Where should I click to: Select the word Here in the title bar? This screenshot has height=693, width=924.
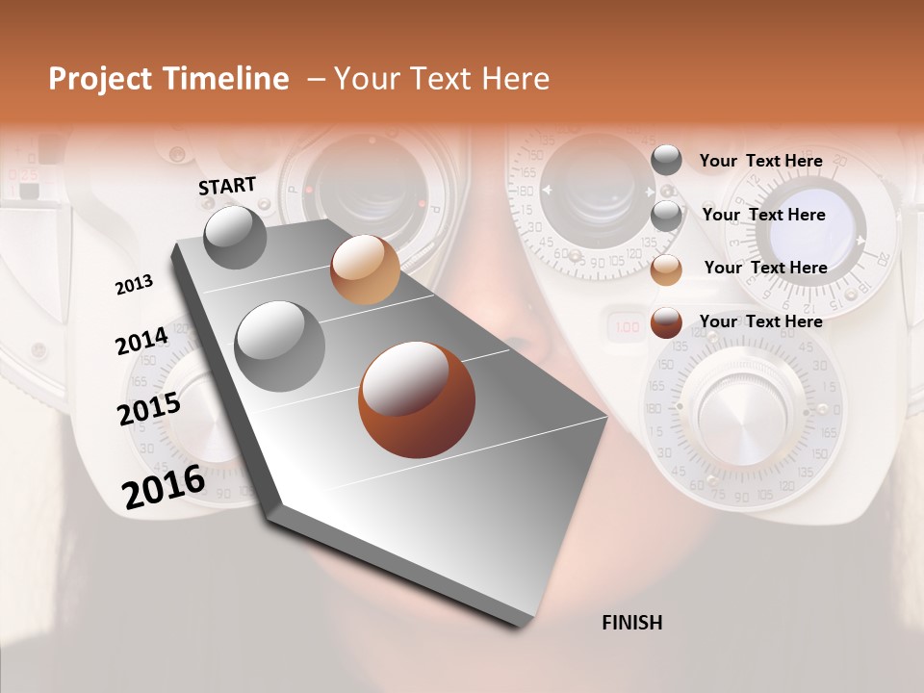(x=514, y=79)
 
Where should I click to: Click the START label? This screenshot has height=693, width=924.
(x=227, y=186)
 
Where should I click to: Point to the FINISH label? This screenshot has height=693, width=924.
(x=632, y=623)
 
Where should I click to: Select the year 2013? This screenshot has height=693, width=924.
(x=134, y=285)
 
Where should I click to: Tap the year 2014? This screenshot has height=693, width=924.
(x=142, y=342)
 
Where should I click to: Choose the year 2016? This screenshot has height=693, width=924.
(x=164, y=486)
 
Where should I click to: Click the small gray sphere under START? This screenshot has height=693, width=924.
(x=235, y=237)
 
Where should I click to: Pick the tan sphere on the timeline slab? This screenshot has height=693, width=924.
(x=365, y=269)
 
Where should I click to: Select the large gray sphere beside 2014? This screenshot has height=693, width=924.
(x=280, y=346)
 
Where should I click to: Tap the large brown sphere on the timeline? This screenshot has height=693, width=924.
(x=417, y=399)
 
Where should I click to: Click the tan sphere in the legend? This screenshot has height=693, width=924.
(x=666, y=270)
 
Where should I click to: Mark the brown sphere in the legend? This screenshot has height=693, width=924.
(x=666, y=323)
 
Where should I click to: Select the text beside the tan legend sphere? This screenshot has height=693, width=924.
(x=766, y=268)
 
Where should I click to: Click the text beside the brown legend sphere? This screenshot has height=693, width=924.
(x=761, y=321)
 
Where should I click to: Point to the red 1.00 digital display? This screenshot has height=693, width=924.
(x=627, y=328)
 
